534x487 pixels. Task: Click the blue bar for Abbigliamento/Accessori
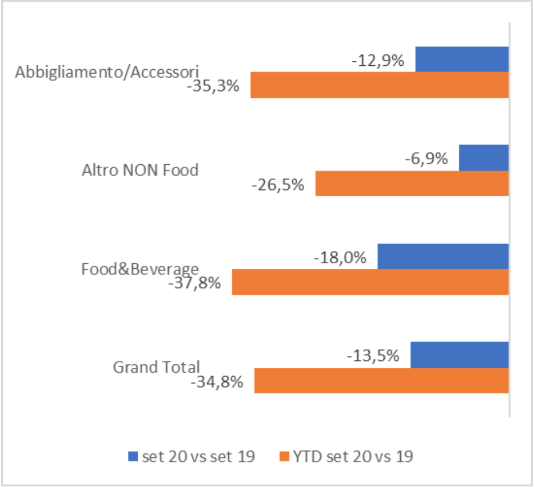click(x=462, y=59)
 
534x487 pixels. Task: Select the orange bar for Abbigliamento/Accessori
click(x=379, y=85)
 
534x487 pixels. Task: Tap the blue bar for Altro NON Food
click(x=483, y=158)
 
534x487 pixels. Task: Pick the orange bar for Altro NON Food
click(x=412, y=183)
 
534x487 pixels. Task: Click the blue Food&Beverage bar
click(x=443, y=256)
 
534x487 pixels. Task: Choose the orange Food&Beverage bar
click(x=370, y=282)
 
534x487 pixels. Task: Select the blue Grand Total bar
click(x=459, y=355)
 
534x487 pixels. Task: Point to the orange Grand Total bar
click(x=382, y=380)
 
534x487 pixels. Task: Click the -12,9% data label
click(x=378, y=61)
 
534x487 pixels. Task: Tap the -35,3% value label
click(x=213, y=86)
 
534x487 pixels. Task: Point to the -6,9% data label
click(x=427, y=159)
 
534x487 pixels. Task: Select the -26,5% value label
click(x=278, y=185)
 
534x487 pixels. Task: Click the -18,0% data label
click(x=340, y=258)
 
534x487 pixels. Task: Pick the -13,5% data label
click(x=373, y=356)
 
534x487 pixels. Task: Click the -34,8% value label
click(x=217, y=382)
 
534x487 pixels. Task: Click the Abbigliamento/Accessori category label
click(x=107, y=72)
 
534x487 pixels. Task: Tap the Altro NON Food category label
click(x=140, y=170)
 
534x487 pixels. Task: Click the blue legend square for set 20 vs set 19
click(x=133, y=456)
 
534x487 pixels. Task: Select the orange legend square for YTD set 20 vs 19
click(x=284, y=456)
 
